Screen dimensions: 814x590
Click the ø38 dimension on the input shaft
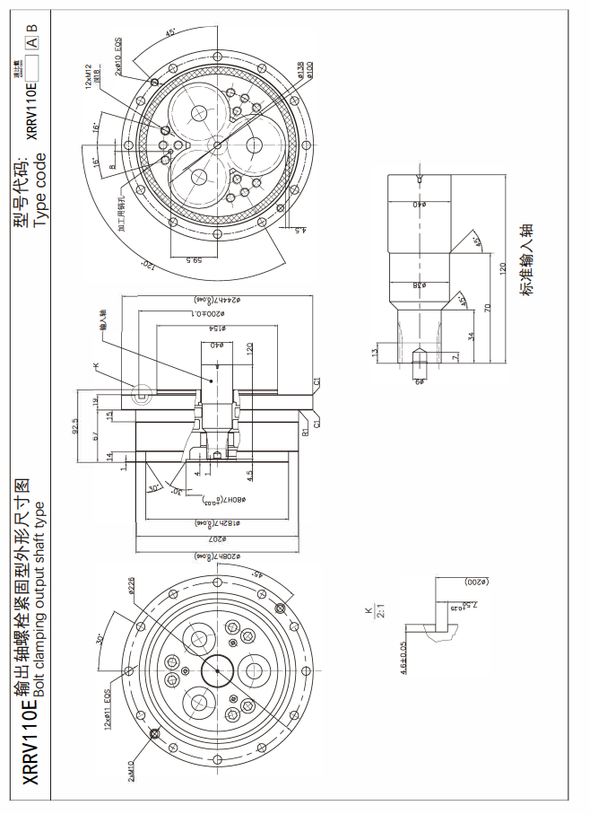418,284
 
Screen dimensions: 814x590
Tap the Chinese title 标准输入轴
526,260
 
